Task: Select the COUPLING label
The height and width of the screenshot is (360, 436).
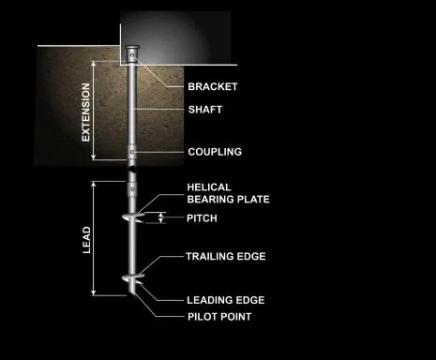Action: pos(215,152)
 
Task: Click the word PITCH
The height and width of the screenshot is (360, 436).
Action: pos(202,218)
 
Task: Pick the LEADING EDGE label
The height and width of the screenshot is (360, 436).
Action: pos(224,300)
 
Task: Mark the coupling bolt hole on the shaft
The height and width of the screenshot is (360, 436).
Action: pos(133,153)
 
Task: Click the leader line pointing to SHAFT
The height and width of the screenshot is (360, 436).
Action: pos(161,109)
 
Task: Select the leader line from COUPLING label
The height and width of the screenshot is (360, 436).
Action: pos(161,152)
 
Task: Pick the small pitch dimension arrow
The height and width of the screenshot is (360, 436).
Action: pos(162,218)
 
